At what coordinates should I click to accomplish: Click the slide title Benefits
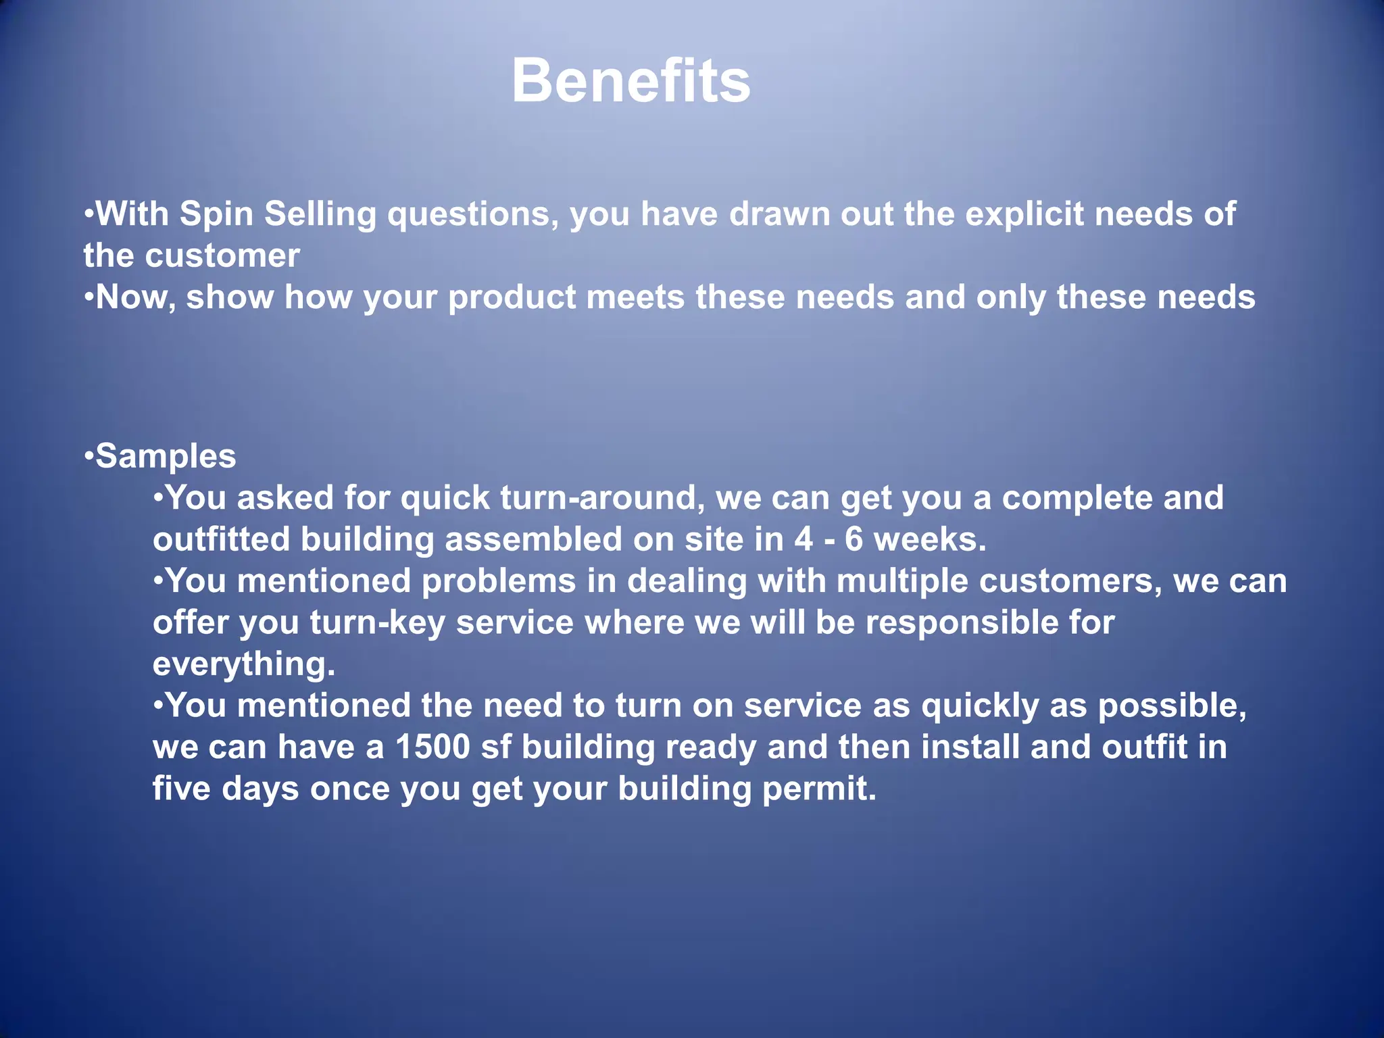pos(631,81)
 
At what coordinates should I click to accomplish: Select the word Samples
pos(166,456)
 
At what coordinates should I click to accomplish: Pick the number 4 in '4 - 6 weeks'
pos(804,540)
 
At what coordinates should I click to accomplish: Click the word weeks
pos(930,540)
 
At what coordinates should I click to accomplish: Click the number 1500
pos(432,747)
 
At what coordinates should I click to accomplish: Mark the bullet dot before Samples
pos(89,456)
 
